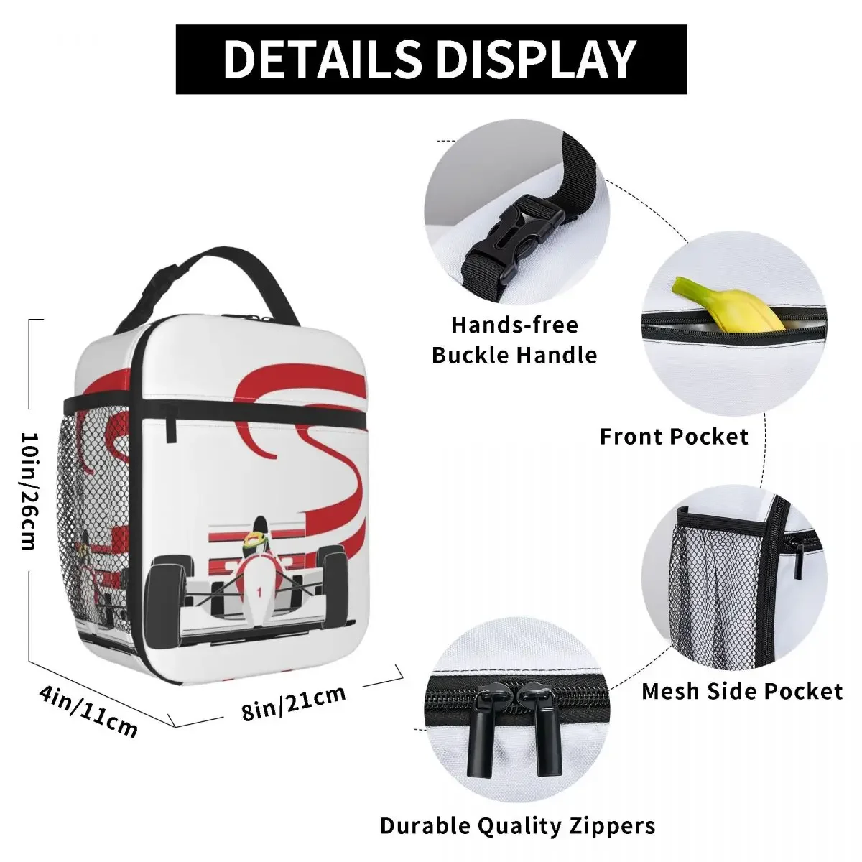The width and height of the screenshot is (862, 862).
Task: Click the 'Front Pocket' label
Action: [674, 437]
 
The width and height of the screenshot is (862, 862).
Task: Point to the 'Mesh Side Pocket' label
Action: [741, 691]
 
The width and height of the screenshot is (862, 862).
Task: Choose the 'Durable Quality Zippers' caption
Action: [517, 825]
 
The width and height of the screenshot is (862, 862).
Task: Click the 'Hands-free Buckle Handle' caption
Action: [514, 340]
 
